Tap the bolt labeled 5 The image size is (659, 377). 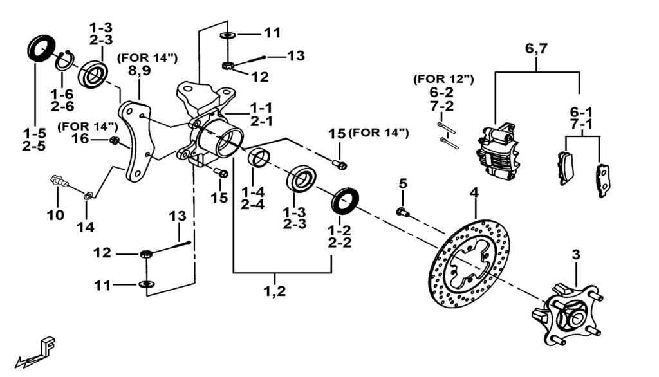pos(402,211)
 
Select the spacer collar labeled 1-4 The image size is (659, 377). pos(260,158)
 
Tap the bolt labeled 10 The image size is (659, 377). pos(59,183)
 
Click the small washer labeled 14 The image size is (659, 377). pos(88,194)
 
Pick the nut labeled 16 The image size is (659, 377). pos(114,140)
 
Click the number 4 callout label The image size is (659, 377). pos(474,192)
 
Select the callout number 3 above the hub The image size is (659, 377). pos(576,255)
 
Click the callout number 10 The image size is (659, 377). pos(55,215)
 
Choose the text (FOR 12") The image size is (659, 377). pos(444,79)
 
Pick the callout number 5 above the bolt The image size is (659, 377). pos(403,184)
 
